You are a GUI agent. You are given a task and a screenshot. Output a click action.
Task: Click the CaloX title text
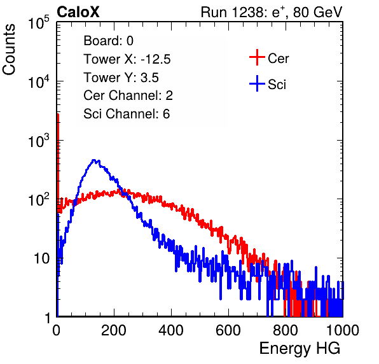tap(78, 12)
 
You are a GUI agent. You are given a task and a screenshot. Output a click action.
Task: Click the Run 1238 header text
tap(272, 12)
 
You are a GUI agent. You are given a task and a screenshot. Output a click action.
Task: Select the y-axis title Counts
tap(9, 50)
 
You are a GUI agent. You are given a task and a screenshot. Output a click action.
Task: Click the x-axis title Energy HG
tap(300, 349)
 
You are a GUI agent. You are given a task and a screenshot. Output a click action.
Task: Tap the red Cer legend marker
tap(257, 57)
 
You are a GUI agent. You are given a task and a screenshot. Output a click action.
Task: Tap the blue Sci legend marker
tap(257, 83)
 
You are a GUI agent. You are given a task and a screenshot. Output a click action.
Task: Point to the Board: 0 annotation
tap(109, 41)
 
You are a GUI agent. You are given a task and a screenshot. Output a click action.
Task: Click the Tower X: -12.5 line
tap(127, 59)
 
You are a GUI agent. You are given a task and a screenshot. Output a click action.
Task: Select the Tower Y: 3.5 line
tap(121, 78)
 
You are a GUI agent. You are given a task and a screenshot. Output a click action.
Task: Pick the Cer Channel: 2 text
tap(128, 95)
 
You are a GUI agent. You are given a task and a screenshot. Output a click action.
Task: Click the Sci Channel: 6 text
tap(127, 114)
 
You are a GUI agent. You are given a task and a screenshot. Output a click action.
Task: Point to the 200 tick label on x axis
tap(114, 330)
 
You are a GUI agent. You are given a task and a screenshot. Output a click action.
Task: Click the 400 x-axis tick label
tap(171, 330)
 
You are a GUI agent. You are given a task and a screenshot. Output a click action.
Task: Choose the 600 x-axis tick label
tap(228, 330)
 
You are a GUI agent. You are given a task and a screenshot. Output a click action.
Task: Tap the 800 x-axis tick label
tap(286, 330)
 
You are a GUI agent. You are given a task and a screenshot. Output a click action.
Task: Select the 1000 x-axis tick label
tap(343, 330)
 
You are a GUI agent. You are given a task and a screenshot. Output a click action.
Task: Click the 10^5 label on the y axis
tap(39, 23)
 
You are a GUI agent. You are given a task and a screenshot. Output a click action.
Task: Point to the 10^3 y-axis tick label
tap(39, 141)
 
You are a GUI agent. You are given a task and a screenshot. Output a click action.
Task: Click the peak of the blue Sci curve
tap(94, 160)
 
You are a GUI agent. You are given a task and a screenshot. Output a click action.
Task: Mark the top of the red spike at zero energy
tap(58, 114)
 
